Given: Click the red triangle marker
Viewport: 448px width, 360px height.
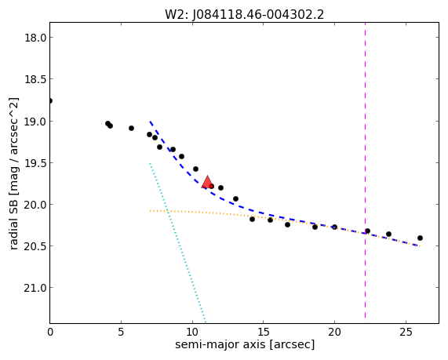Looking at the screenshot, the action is [207, 182].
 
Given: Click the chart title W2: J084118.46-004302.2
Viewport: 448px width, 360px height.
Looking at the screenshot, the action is [244, 14].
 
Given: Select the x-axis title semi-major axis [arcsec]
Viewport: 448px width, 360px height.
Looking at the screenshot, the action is [245, 344].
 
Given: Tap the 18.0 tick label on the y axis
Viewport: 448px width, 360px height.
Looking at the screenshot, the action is [35, 38].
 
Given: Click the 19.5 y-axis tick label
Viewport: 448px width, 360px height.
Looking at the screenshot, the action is [35, 163].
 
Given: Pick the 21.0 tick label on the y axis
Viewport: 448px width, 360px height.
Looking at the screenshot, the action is [35, 288].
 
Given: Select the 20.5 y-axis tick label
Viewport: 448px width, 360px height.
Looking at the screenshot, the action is [35, 246].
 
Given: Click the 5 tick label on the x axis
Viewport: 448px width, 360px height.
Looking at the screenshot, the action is [121, 332].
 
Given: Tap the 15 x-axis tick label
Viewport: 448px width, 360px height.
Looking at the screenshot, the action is [264, 332].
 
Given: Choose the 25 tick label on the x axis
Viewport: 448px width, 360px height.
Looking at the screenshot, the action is [406, 332].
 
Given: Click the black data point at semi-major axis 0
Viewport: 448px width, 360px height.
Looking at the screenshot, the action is [50, 101].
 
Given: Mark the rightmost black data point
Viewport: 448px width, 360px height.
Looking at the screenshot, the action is [420, 238].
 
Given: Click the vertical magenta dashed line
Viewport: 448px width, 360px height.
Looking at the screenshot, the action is [365, 170].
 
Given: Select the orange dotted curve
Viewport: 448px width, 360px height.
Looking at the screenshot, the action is [285, 220].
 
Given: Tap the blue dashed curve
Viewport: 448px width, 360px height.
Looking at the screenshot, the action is [251, 210].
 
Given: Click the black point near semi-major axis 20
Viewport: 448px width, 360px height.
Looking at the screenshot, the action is [334, 227].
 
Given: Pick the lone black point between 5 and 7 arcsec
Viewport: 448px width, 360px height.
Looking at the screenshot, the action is [131, 128].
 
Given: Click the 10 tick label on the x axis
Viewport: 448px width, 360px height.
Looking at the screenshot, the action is [192, 332].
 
